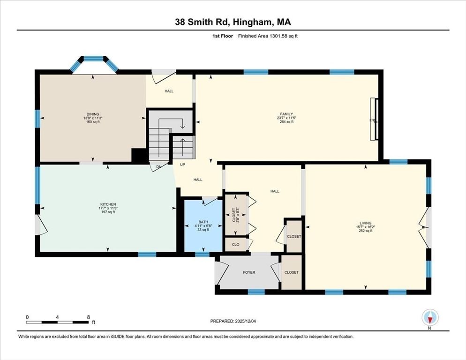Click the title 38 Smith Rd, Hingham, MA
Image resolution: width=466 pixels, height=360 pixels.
[x=233, y=22]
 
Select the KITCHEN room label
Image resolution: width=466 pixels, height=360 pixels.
[x=108, y=204]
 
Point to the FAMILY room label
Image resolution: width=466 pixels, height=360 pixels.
[x=286, y=114]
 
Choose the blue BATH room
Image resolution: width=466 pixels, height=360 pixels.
[x=203, y=226]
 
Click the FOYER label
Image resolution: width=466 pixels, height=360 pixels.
[x=249, y=272]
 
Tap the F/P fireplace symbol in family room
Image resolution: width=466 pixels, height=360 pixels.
[x=373, y=120]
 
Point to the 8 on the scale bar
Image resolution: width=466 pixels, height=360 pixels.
[x=88, y=317]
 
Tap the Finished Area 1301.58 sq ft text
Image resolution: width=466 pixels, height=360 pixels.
[x=268, y=36]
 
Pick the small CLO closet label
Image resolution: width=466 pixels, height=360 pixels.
[x=235, y=244]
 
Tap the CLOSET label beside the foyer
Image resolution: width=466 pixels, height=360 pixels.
[x=291, y=272]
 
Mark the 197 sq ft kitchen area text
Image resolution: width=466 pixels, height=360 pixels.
[x=108, y=212]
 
